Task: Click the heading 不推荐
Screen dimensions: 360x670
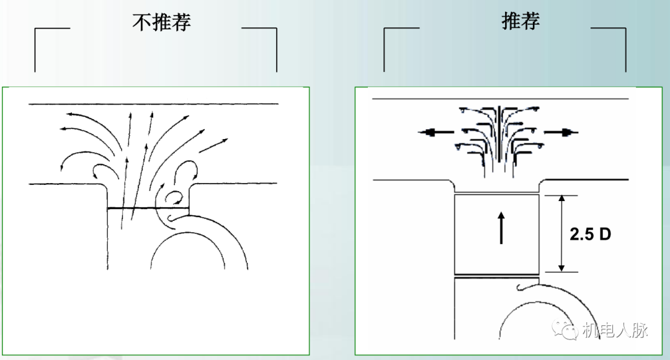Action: (x=161, y=23)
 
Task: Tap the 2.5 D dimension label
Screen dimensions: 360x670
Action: (x=590, y=234)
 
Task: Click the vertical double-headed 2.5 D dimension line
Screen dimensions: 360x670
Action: (x=561, y=233)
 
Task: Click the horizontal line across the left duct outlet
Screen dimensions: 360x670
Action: (x=148, y=208)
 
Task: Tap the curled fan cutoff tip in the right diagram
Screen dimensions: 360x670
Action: (x=521, y=287)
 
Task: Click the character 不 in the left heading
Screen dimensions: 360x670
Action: (x=141, y=23)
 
